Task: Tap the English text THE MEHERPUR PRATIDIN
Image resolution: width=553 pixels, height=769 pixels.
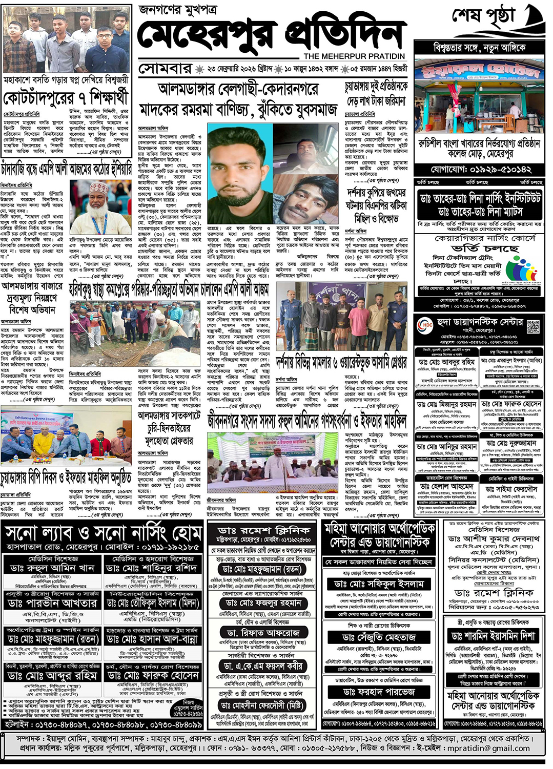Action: pyautogui.click(x=354, y=56)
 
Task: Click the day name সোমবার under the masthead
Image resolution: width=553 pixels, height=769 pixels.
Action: pyautogui.click(x=165, y=69)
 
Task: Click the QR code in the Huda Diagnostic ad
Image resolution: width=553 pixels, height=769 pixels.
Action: pyautogui.click(x=533, y=326)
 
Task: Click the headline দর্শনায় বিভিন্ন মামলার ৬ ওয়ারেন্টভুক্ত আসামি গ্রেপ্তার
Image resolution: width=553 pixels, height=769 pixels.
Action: pyautogui.click(x=341, y=363)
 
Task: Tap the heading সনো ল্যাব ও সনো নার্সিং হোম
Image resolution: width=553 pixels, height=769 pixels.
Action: pyautogui.click(x=103, y=534)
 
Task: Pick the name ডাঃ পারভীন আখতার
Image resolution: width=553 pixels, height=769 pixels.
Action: pyautogui.click(x=52, y=603)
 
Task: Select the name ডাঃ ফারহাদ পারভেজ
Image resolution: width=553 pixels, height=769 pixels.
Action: pyautogui.click(x=379, y=692)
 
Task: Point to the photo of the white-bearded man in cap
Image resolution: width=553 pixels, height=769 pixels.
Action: pyautogui.click(x=100, y=207)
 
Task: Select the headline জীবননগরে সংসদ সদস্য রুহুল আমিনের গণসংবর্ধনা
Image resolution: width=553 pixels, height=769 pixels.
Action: pyautogui.click(x=306, y=421)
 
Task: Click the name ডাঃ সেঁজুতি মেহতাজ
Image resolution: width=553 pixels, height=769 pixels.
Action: pyautogui.click(x=379, y=637)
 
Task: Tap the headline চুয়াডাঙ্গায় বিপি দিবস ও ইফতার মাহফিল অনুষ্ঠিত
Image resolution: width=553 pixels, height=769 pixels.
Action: pyautogui.click(x=66, y=479)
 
